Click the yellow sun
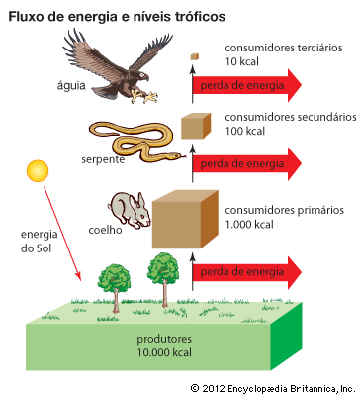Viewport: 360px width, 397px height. pos(38,171)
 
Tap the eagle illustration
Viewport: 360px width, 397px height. pos(116,69)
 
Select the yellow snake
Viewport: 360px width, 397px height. pos(135,141)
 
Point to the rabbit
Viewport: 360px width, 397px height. pos(130,211)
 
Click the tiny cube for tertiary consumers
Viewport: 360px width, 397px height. pos(195,56)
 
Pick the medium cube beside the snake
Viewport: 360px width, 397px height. pos(196,126)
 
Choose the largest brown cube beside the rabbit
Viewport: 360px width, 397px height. pos(185,219)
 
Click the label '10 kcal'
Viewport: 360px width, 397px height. pos(242,61)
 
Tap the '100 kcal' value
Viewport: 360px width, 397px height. pos(245,131)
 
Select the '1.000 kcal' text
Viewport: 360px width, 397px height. pos(249,225)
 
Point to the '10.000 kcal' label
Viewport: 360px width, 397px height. pos(164,352)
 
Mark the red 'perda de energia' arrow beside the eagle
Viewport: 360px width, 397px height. pos(246,85)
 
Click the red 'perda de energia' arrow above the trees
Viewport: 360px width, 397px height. pos(246,272)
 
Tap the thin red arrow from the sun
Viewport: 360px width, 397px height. pos(62,234)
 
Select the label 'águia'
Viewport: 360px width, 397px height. pos(71,86)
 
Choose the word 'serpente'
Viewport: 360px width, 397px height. pos(103,159)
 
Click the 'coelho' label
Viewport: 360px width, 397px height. pos(105,230)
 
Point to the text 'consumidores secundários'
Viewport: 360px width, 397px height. pos(291,117)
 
